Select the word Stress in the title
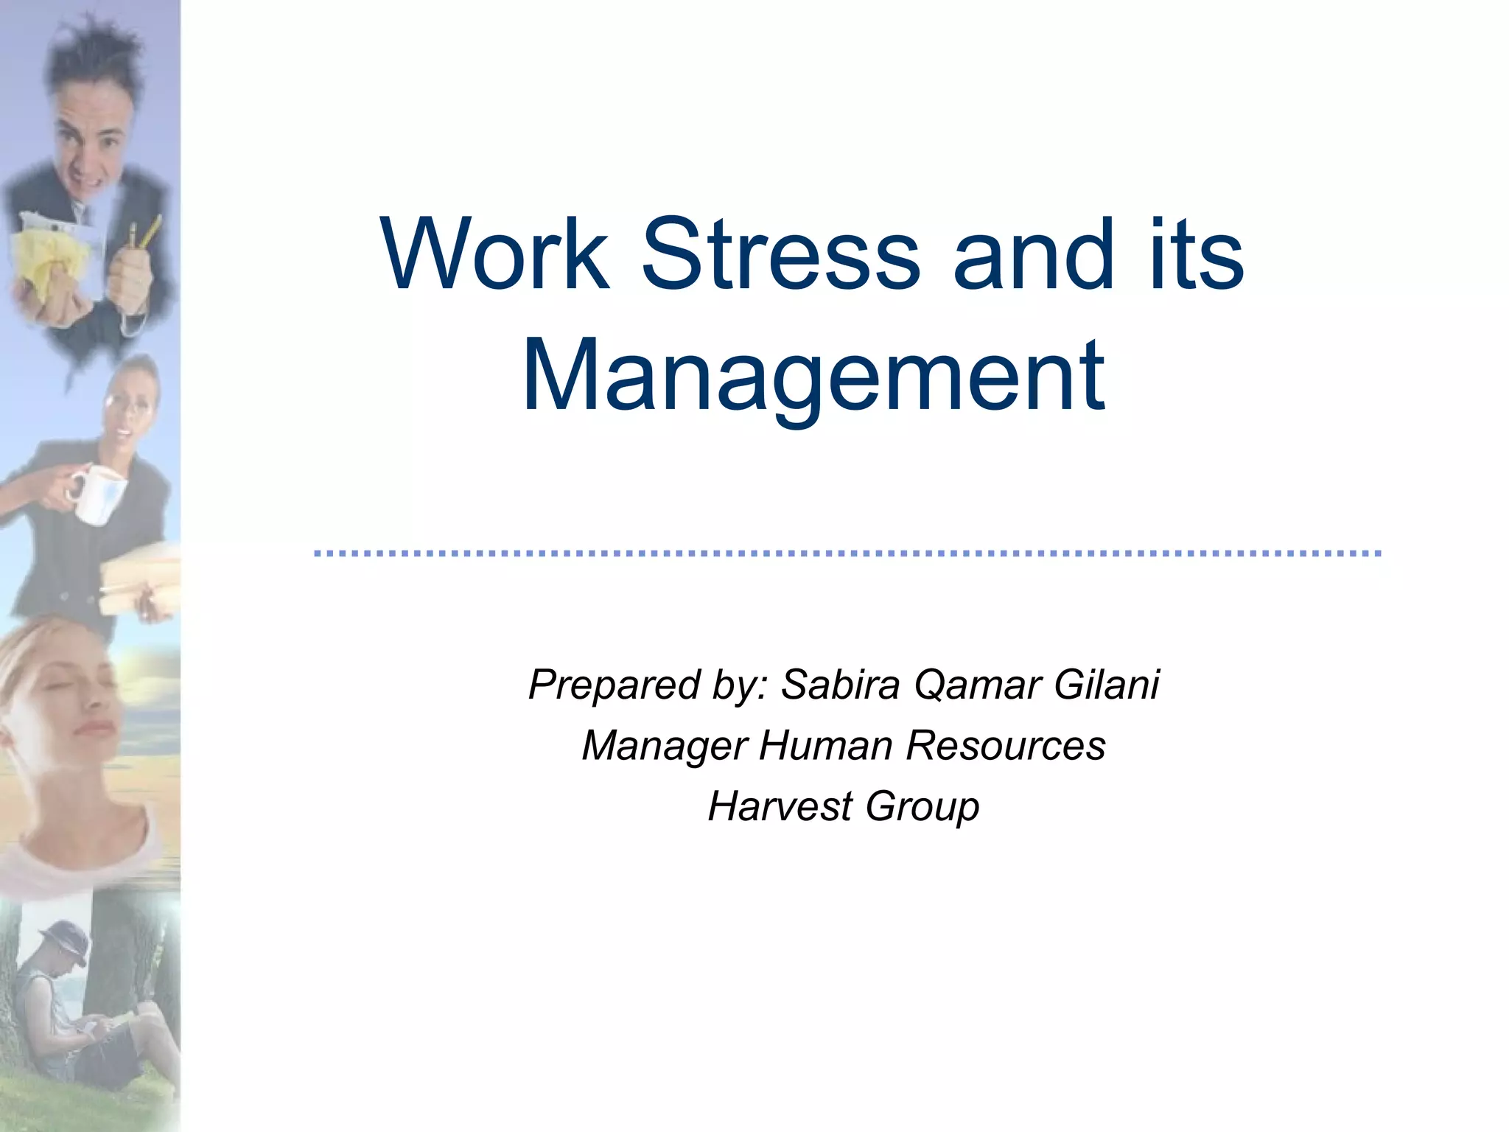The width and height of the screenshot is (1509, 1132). (781, 254)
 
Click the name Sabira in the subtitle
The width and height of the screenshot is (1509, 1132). (840, 684)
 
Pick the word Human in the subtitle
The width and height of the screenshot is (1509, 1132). (825, 744)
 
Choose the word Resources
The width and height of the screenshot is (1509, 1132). (1006, 744)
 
